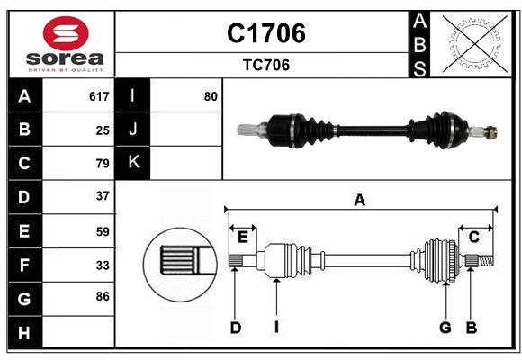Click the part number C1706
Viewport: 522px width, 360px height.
pos(265,33)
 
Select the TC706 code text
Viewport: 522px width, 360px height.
pos(265,65)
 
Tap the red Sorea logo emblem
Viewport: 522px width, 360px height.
pos(60,33)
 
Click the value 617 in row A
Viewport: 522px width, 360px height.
pos(99,96)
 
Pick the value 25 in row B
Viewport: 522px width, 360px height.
pos(103,130)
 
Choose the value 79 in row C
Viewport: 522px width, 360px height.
pos(103,163)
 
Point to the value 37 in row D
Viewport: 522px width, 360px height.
pos(103,195)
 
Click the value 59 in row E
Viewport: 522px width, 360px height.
pos(103,231)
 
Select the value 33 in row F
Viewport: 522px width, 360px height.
pos(103,265)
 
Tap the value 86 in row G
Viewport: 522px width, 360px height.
pos(103,295)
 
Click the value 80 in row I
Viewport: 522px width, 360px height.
pos(211,96)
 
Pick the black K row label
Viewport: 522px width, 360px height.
pos(133,163)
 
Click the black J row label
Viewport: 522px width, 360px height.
pos(133,130)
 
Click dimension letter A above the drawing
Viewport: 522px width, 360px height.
pos(360,200)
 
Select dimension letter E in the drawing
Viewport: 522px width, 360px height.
pos(243,237)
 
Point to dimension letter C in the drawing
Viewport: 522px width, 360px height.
pos(473,237)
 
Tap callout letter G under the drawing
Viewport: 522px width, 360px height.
pos(445,328)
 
